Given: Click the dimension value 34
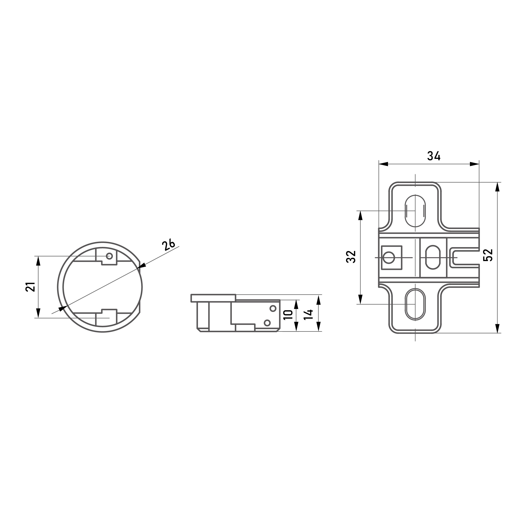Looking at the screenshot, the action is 434,156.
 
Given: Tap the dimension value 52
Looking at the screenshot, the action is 488,255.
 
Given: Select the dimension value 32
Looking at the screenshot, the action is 351,257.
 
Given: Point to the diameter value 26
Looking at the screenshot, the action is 168,244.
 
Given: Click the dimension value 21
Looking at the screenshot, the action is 31,287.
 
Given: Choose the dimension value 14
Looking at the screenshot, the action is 308,315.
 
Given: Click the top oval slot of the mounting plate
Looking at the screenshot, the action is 415,211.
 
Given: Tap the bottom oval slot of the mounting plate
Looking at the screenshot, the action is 415,304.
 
